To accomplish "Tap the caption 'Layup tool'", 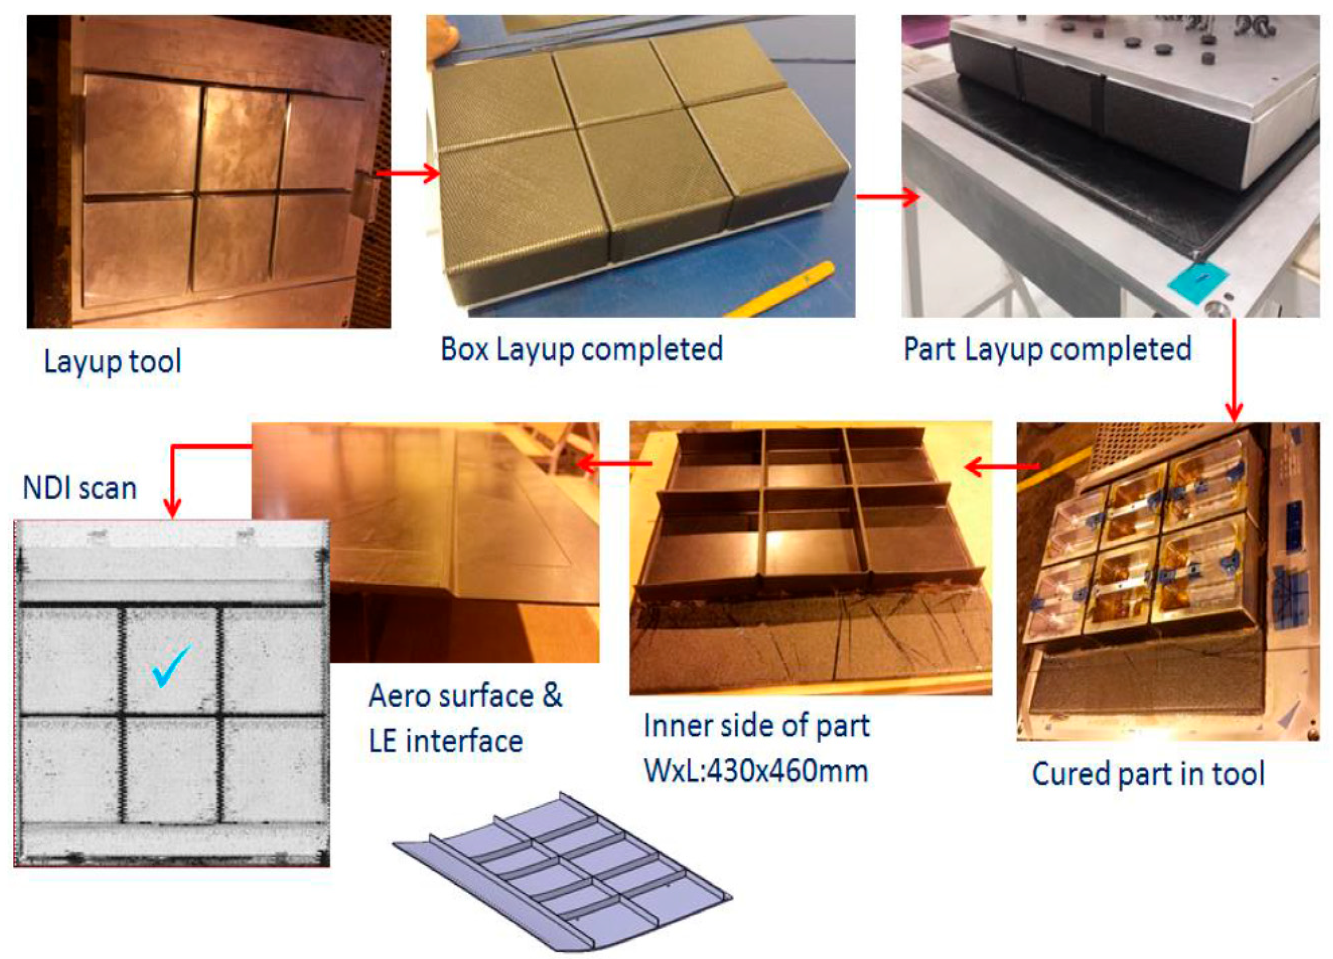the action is coord(112,362).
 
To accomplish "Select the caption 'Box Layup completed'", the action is coord(581,350).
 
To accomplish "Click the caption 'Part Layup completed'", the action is coord(1047,350).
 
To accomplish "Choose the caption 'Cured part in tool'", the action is coord(1148,774).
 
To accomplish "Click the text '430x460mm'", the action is coord(787,770).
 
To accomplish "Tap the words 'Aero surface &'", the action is coord(465,696).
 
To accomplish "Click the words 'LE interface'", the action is coord(446,741).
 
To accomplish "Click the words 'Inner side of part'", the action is coord(756,726).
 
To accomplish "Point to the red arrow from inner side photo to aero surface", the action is coord(614,464).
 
